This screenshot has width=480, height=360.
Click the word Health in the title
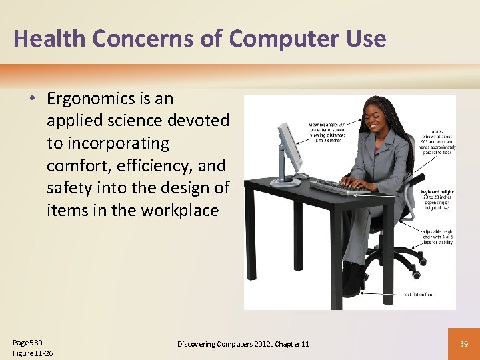(49, 39)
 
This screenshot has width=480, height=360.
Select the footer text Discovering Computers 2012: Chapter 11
(243, 343)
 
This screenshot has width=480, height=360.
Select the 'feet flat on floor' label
(419, 294)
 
